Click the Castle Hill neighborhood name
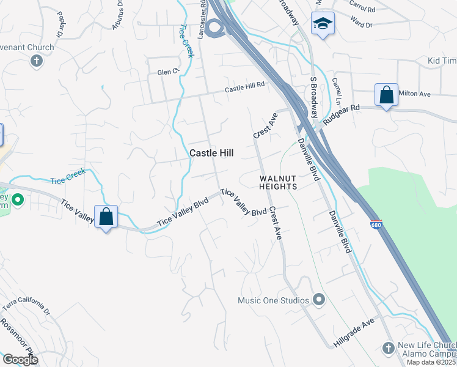point(212,154)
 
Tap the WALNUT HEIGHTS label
point(278,182)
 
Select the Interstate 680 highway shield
point(376,224)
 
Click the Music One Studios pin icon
point(318,300)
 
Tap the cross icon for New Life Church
point(387,348)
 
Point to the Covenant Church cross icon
point(36,61)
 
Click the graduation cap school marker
point(322,24)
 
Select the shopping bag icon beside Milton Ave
point(386,95)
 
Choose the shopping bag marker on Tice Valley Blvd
point(106,217)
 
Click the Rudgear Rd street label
point(342,114)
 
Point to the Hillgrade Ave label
point(354,334)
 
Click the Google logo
point(20,360)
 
